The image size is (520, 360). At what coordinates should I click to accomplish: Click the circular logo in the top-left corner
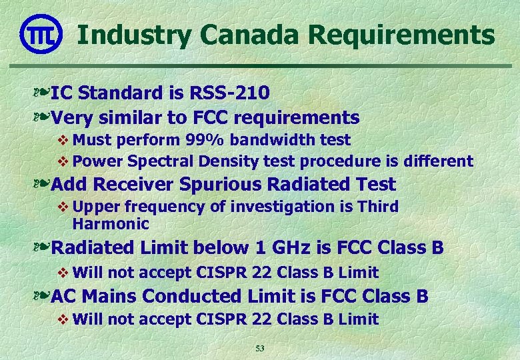pyautogui.click(x=41, y=33)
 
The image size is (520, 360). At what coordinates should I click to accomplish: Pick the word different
pyautogui.click(x=439, y=161)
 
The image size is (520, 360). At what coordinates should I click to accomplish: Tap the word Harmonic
pyautogui.click(x=111, y=223)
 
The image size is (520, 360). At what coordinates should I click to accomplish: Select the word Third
pyautogui.click(x=378, y=207)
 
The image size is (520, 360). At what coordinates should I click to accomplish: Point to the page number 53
pyautogui.click(x=261, y=349)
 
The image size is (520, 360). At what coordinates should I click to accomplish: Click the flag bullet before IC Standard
pyautogui.click(x=41, y=93)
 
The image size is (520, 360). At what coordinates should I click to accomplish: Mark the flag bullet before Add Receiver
pyautogui.click(x=41, y=184)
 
